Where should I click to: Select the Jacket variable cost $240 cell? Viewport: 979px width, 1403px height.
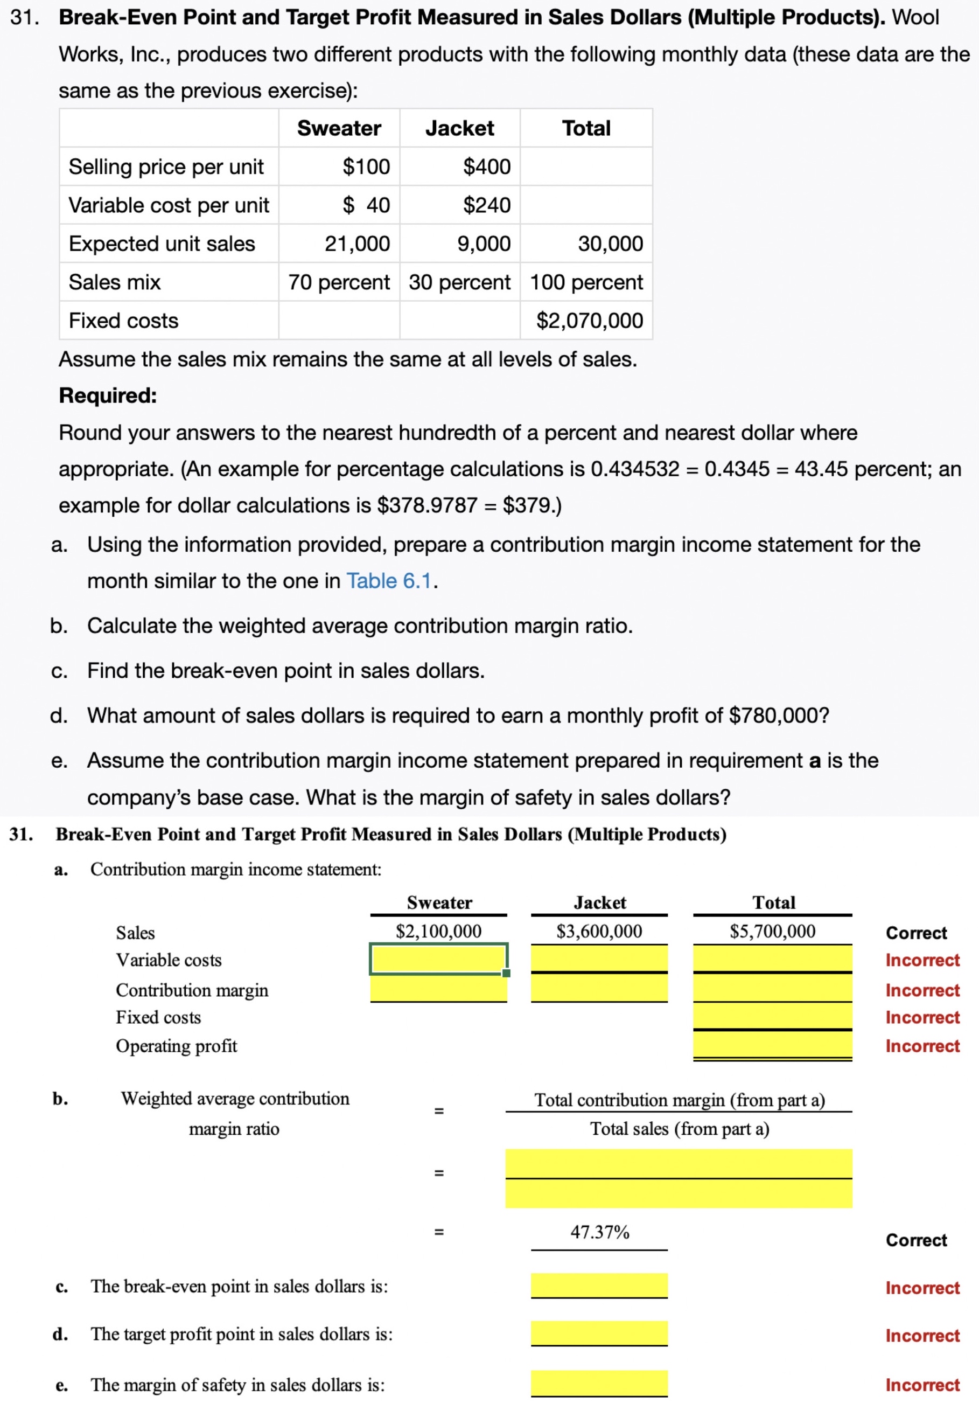tap(486, 205)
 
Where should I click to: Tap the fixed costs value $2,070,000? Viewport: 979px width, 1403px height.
tap(589, 320)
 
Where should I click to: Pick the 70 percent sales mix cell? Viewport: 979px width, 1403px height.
tap(338, 282)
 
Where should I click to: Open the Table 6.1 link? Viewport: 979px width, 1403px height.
tap(388, 580)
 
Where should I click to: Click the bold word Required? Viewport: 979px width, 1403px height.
tap(108, 395)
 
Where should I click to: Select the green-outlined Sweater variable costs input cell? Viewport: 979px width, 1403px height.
tap(438, 959)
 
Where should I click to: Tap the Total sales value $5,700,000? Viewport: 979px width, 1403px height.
tap(772, 930)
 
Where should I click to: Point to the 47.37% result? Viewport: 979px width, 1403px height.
tap(599, 1232)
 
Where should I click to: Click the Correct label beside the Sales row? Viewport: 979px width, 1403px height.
tap(915, 933)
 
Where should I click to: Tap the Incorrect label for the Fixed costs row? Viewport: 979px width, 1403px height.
tap(922, 1017)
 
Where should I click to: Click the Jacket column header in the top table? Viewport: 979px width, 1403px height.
tap(459, 128)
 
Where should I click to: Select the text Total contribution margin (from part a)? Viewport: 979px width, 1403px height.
tap(679, 1100)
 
